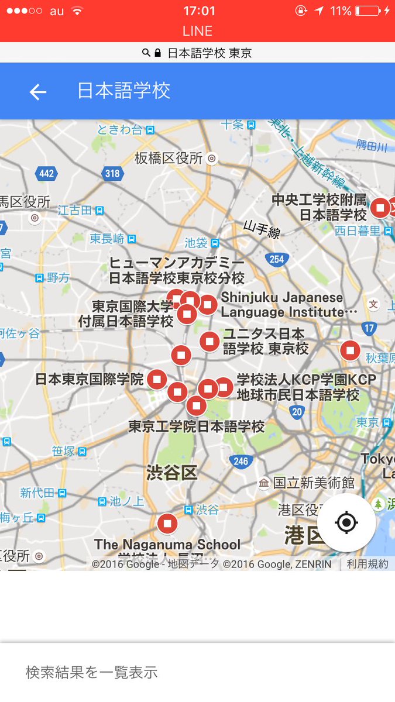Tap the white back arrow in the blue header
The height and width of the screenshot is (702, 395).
click(38, 92)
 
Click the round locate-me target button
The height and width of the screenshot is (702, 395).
click(346, 522)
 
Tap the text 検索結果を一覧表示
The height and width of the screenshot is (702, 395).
click(91, 672)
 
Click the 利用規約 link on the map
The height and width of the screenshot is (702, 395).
click(367, 564)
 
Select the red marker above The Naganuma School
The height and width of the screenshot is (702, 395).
click(167, 524)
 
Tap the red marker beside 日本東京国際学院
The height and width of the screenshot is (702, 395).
click(157, 379)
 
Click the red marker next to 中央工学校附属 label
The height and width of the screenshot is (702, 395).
click(380, 207)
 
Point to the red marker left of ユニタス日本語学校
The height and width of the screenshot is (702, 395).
click(209, 341)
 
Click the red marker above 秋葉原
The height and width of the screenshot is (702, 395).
click(350, 350)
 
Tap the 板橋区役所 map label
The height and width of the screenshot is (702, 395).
click(169, 158)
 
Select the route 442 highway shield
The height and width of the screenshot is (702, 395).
click(46, 173)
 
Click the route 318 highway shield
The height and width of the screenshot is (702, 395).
click(112, 173)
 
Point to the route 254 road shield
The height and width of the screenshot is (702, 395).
click(276, 259)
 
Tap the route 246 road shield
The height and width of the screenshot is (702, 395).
click(241, 462)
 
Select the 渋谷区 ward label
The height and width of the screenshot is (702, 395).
click(171, 473)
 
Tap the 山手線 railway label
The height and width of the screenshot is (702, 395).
click(262, 229)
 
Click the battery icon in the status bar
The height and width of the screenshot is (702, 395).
click(366, 11)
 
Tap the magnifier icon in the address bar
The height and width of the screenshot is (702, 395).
click(146, 53)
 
